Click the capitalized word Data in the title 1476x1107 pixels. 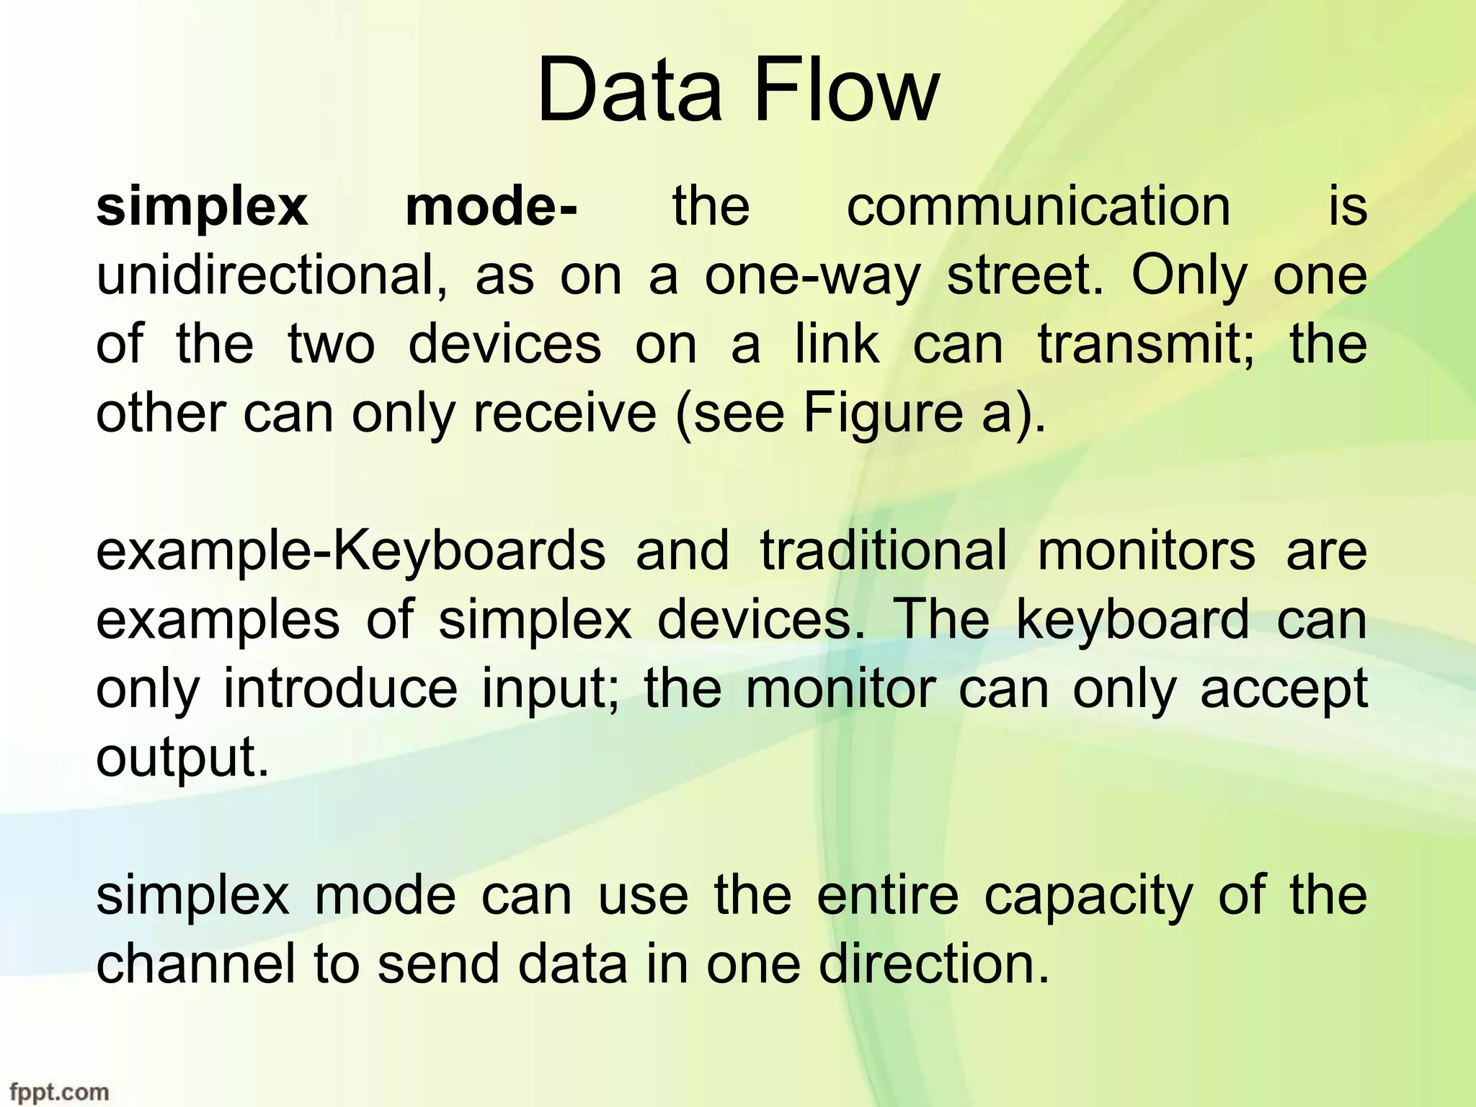628,92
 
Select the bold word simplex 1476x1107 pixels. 202,208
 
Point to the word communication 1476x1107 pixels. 1039,208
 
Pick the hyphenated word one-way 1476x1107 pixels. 812,277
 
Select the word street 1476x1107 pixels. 1024,276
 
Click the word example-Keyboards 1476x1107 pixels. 351,552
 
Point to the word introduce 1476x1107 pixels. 339,689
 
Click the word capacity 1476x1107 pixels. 1088,897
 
